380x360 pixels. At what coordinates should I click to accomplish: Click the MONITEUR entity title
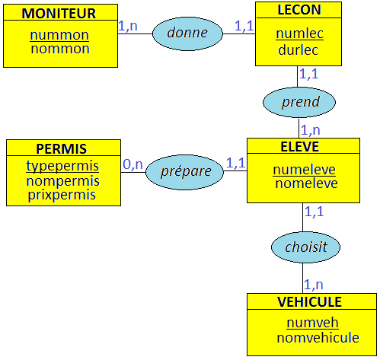pos(59,13)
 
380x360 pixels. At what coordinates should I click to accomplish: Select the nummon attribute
pos(59,35)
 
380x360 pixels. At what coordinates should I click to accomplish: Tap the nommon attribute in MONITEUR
pos(59,49)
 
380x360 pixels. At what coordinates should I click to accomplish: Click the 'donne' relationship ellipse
pos(187,33)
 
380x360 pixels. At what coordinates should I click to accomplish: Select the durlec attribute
pos(297,49)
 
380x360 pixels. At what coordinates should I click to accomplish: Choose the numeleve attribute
pos(304,170)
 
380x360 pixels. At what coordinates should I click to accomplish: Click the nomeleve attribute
pos(304,183)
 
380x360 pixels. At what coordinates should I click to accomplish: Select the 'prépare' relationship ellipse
pos(186,171)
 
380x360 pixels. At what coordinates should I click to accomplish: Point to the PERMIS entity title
pos(62,148)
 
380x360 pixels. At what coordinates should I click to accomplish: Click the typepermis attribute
pos(62,166)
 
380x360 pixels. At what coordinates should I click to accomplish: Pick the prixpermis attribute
pos(61,195)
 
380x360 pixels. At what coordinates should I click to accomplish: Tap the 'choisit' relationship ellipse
pos(306,247)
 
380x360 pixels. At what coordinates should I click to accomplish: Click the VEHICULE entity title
pos(309,302)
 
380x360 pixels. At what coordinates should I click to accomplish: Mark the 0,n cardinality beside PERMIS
pos(133,164)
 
